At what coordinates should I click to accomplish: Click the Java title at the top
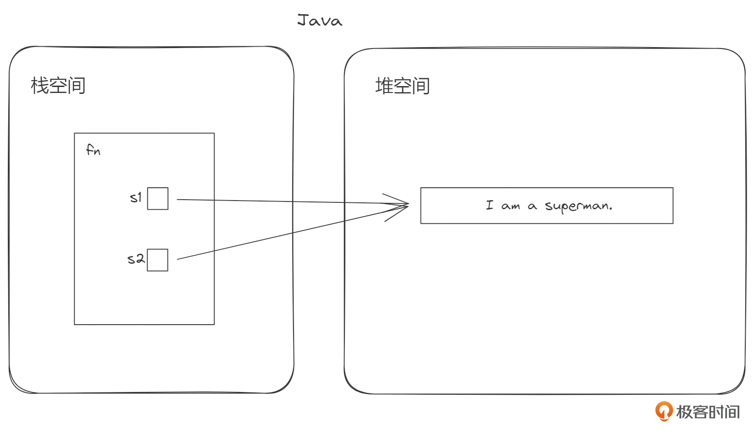point(320,20)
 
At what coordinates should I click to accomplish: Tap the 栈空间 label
point(58,86)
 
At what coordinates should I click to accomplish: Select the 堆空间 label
point(402,86)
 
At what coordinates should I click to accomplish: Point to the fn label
point(93,150)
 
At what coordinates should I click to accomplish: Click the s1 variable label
point(136,197)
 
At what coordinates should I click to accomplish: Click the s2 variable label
point(136,259)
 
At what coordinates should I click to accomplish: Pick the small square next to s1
point(158,199)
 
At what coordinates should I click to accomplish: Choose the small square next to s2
point(158,260)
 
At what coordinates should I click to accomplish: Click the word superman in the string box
point(577,206)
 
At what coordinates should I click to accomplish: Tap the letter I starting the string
point(490,205)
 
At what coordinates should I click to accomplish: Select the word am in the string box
point(510,207)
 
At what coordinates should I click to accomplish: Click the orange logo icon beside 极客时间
point(664,411)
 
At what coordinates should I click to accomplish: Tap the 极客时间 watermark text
point(708,412)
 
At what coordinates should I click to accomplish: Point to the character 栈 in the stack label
point(39,86)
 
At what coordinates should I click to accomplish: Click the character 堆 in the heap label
point(384,86)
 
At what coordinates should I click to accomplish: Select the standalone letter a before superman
point(532,207)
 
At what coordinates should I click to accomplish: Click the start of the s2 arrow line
point(178,259)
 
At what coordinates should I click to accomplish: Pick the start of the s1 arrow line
point(178,199)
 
